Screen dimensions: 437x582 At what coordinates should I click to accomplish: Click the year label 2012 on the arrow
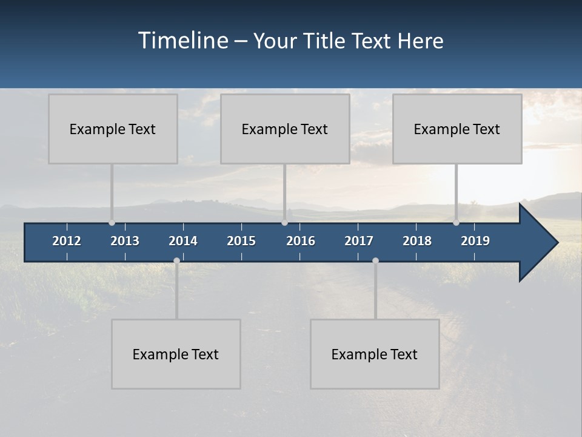pyautogui.click(x=67, y=241)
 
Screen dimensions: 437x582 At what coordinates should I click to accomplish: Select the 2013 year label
pyautogui.click(x=125, y=241)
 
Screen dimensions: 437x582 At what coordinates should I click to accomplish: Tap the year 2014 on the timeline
pyautogui.click(x=183, y=241)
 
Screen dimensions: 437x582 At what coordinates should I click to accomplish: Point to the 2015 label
pyautogui.click(x=241, y=241)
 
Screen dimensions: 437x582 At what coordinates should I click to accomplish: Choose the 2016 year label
pyautogui.click(x=301, y=241)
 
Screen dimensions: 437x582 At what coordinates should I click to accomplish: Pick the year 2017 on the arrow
pyautogui.click(x=359, y=241)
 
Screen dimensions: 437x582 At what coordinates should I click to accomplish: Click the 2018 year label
pyautogui.click(x=417, y=241)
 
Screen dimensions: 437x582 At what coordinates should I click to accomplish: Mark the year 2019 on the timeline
pyautogui.click(x=475, y=241)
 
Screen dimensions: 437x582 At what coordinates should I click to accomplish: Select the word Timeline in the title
pyautogui.click(x=183, y=41)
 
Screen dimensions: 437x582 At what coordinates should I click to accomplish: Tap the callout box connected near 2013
pyautogui.click(x=113, y=129)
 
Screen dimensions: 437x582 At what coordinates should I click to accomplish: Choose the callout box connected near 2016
pyautogui.click(x=285, y=129)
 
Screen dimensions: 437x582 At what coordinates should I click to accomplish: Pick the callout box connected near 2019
pyautogui.click(x=457, y=129)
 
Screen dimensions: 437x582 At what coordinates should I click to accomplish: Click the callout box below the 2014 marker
pyautogui.click(x=176, y=354)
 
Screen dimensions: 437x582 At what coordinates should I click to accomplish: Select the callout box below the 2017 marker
pyautogui.click(x=375, y=354)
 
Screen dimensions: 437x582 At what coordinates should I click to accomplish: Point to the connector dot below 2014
pyautogui.click(x=176, y=260)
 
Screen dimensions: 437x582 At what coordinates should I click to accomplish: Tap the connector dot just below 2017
pyautogui.click(x=375, y=260)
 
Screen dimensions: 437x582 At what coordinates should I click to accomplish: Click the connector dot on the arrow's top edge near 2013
pyautogui.click(x=112, y=223)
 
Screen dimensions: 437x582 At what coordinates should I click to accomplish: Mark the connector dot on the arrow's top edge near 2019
pyautogui.click(x=456, y=223)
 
